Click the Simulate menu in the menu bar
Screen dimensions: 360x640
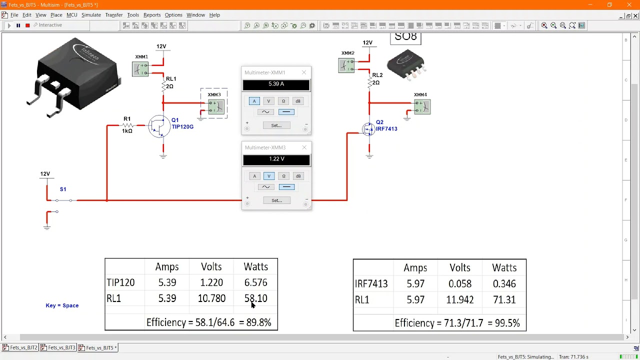[x=91, y=15]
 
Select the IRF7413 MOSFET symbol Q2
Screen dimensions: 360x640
[x=369, y=129]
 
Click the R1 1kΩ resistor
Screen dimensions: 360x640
[x=128, y=125]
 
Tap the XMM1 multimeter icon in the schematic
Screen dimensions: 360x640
[x=140, y=69]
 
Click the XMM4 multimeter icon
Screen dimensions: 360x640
[x=422, y=106]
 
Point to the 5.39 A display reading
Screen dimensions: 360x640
[x=276, y=84]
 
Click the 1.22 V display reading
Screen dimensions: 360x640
[x=276, y=159]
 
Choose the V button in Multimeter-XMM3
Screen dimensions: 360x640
[x=269, y=176]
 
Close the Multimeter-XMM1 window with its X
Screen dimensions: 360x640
[x=303, y=72]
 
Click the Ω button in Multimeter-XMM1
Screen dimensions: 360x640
[x=283, y=101]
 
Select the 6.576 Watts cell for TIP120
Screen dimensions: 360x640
[x=255, y=283]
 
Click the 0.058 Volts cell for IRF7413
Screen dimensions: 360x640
[x=459, y=284]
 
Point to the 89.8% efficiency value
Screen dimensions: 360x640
[x=258, y=322]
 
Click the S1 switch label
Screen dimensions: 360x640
[x=63, y=189]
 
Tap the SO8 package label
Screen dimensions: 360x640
[x=405, y=37]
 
